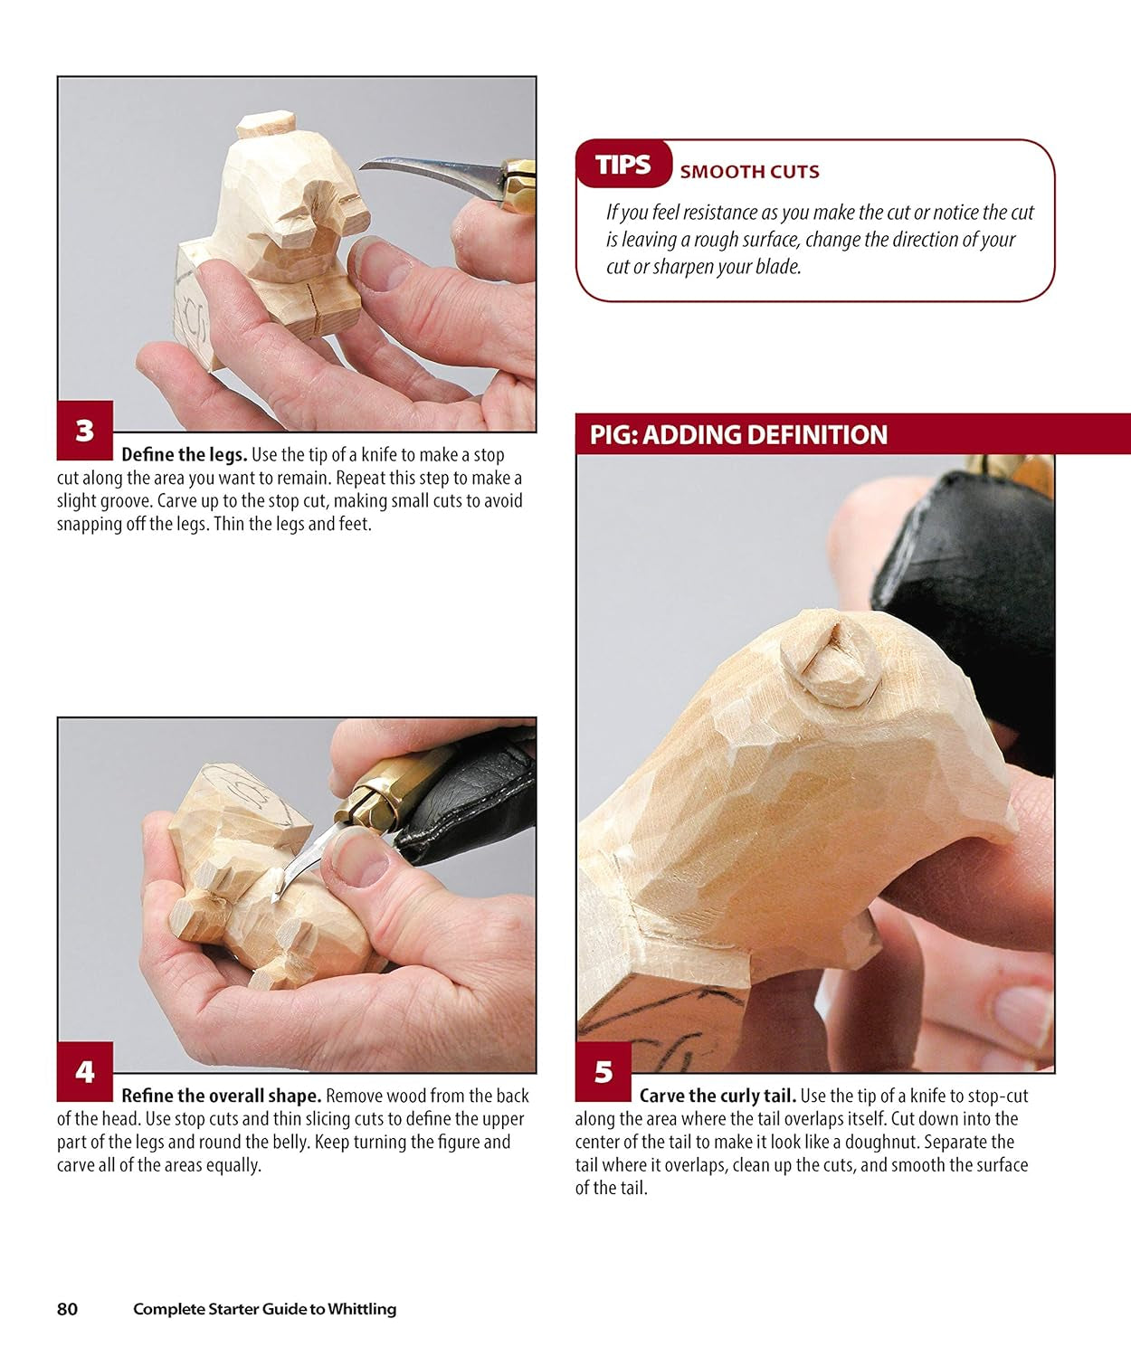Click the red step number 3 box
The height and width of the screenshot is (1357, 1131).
point(85,431)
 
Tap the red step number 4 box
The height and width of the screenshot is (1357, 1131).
point(85,1072)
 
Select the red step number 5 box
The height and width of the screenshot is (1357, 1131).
point(604,1072)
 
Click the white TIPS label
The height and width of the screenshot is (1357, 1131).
point(623,165)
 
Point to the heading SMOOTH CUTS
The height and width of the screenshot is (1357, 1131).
point(749,172)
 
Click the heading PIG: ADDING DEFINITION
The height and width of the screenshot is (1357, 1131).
point(738,435)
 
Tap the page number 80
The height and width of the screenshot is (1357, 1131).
point(68,1309)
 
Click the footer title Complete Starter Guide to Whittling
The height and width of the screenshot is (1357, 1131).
point(264,1309)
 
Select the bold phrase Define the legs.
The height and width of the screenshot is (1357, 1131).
point(184,455)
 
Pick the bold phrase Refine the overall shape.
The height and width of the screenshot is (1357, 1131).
point(221,1096)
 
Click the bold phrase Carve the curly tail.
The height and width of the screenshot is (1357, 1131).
point(717,1096)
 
